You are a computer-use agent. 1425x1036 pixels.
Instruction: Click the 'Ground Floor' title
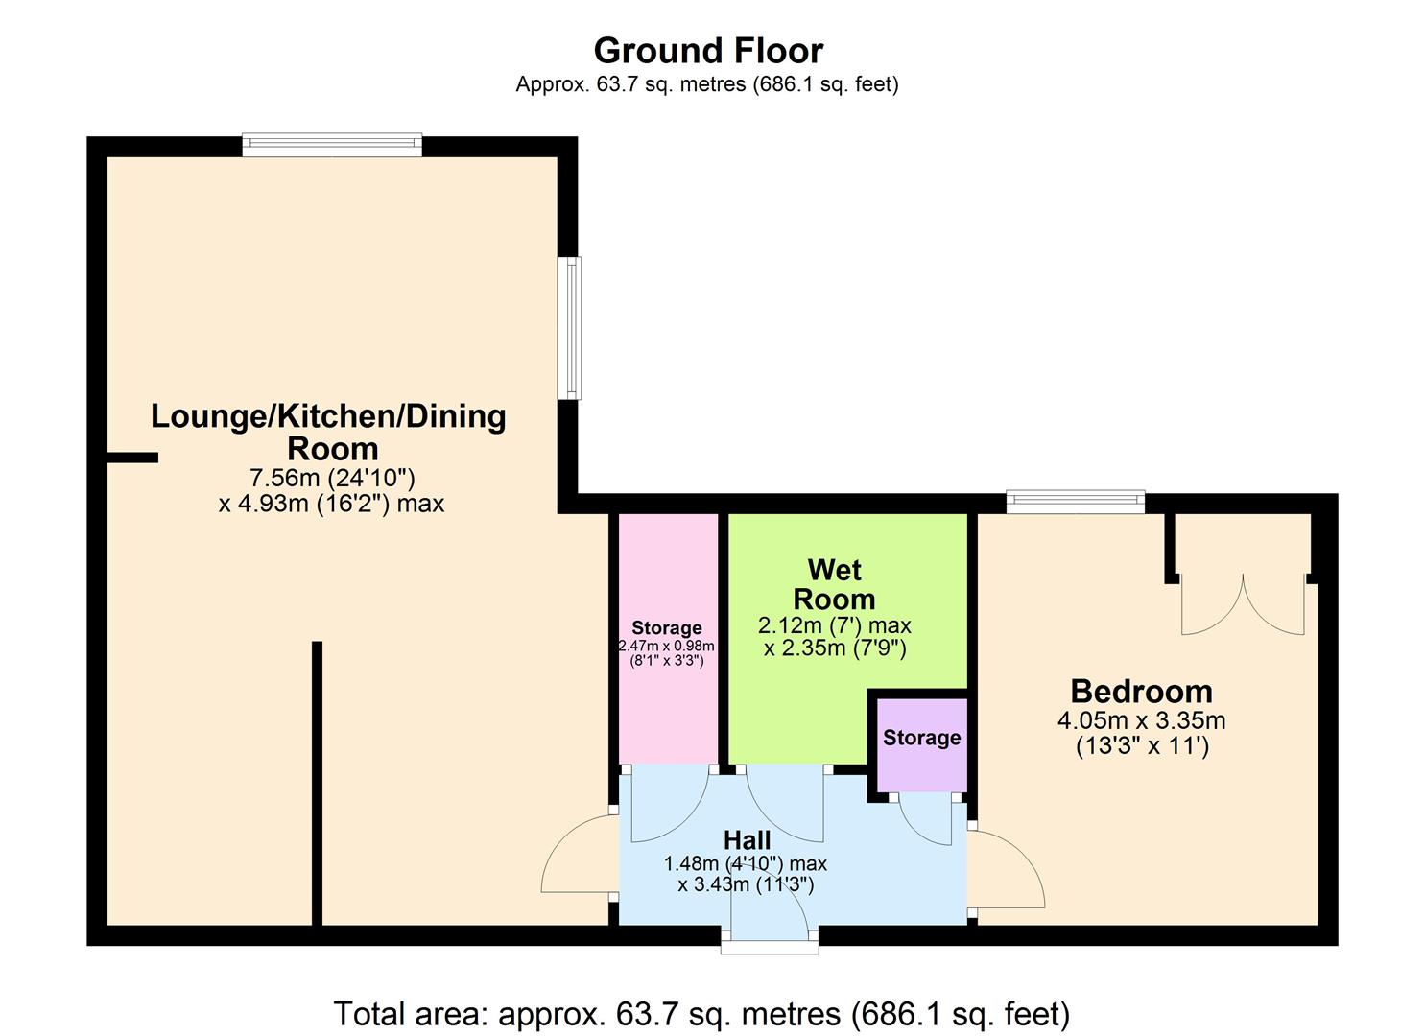[x=708, y=50]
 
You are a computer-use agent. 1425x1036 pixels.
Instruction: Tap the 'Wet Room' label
[x=834, y=584]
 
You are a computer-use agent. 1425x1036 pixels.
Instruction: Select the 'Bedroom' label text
[x=1141, y=691]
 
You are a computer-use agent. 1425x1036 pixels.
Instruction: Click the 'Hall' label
[x=747, y=840]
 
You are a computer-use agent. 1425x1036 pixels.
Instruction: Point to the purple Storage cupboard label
[x=921, y=738]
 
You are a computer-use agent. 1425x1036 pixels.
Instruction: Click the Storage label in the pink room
[x=666, y=628]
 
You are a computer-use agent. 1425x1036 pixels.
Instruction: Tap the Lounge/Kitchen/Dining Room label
[x=329, y=432]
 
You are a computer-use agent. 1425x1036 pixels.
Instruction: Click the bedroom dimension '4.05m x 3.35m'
[x=1141, y=720]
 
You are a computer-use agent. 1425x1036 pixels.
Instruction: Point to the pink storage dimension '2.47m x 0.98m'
[x=666, y=647]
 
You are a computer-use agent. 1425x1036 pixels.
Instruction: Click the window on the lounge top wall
[x=332, y=145]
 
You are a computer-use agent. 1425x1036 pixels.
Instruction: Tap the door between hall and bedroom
[x=1006, y=868]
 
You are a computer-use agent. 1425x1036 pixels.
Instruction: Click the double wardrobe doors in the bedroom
[x=1243, y=604]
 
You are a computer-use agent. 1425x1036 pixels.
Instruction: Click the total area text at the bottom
[x=701, y=1013]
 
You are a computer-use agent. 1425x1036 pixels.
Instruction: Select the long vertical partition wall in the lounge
[x=317, y=782]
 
